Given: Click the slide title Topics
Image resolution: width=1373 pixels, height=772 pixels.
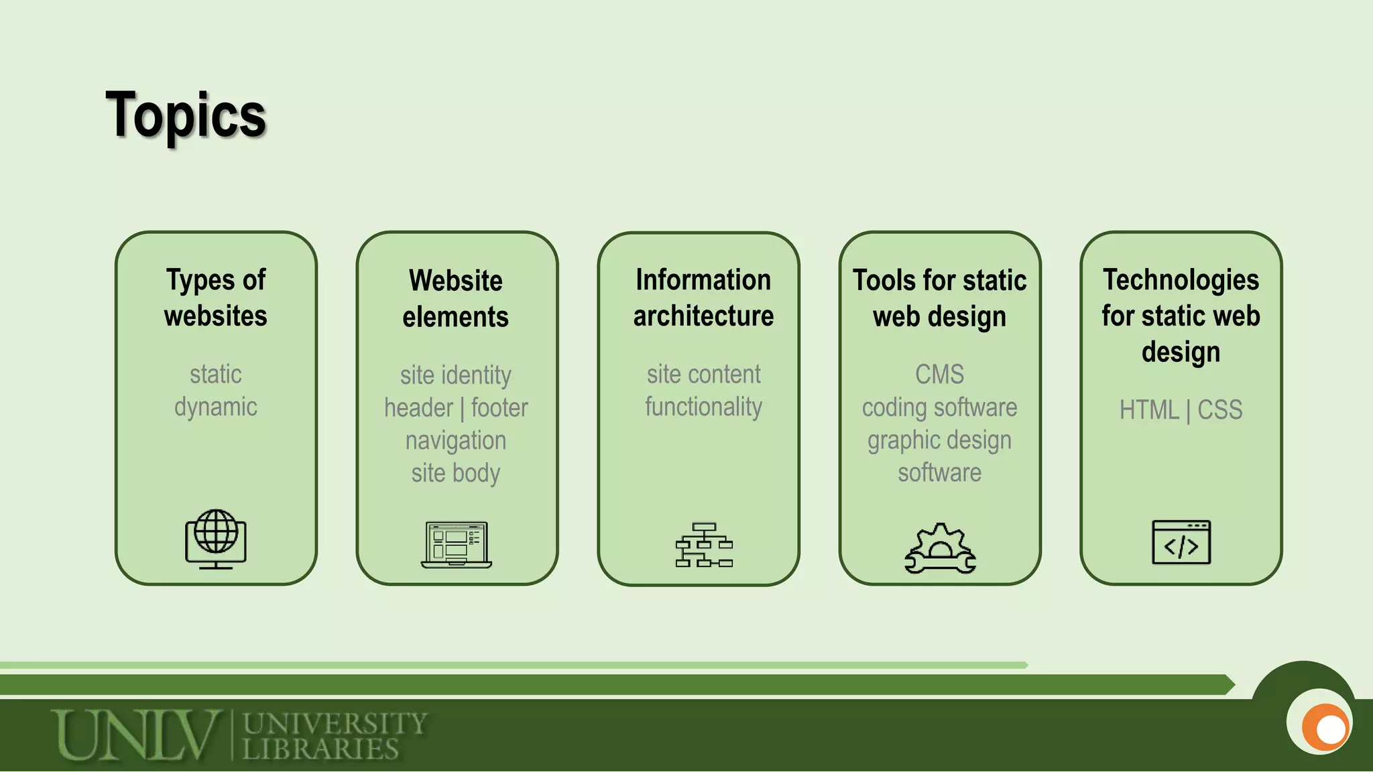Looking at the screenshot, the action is click(186, 115).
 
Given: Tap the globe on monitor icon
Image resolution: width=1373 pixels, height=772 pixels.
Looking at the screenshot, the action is click(216, 539).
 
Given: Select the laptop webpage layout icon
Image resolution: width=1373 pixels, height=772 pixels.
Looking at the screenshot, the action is click(456, 544).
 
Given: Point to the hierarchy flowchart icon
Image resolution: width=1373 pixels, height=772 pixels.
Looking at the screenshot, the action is click(704, 545).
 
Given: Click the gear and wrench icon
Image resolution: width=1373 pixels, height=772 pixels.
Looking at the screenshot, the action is click(940, 548).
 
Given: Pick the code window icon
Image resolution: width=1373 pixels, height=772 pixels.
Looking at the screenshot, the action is click(1181, 542).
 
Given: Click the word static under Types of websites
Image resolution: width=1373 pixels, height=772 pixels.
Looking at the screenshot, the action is click(216, 374).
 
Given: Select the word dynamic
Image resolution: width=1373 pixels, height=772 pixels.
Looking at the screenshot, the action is click(216, 407).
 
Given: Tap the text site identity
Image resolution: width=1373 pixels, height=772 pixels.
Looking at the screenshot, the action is click(456, 375).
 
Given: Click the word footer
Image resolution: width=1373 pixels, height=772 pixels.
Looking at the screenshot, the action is click(499, 407).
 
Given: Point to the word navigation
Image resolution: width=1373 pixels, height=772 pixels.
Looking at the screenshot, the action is click(456, 440).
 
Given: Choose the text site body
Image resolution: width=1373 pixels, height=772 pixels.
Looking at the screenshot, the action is click(456, 473).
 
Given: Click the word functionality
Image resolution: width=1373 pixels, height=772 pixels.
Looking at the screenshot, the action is click(704, 407).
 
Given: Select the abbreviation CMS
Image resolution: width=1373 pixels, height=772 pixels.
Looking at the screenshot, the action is click(940, 374).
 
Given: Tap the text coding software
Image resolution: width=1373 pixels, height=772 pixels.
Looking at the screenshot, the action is click(940, 407).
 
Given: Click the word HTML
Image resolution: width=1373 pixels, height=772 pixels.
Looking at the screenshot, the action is click(1149, 409).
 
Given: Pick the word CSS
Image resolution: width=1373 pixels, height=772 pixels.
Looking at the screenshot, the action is click(1220, 409).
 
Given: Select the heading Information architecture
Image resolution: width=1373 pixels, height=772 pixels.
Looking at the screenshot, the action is click(704, 298).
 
